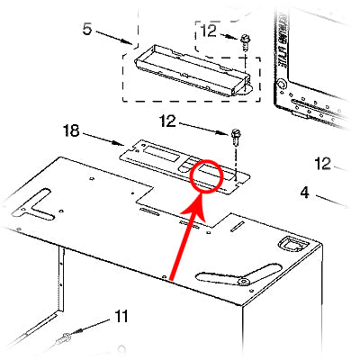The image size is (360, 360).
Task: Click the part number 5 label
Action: [x=86, y=29]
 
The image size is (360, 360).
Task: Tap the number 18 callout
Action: [x=71, y=130]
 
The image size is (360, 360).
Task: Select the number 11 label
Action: [x=121, y=317]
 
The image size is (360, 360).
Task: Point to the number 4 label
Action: [x=304, y=193]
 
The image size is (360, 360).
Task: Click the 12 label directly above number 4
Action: [x=323, y=164]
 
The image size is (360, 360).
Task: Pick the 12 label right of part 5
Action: [x=208, y=31]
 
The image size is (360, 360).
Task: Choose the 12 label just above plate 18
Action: [x=167, y=121]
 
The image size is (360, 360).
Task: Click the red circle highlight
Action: [x=206, y=176]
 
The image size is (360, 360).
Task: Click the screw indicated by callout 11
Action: [x=64, y=339]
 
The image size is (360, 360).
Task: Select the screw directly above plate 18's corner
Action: [x=236, y=137]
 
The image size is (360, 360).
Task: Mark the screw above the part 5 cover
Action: [x=245, y=42]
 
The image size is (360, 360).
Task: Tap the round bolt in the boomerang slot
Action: [x=244, y=281]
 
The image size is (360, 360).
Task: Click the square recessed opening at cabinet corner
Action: [x=292, y=245]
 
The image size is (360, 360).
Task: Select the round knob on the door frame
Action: [x=282, y=84]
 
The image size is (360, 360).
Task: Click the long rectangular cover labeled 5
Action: [x=192, y=71]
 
